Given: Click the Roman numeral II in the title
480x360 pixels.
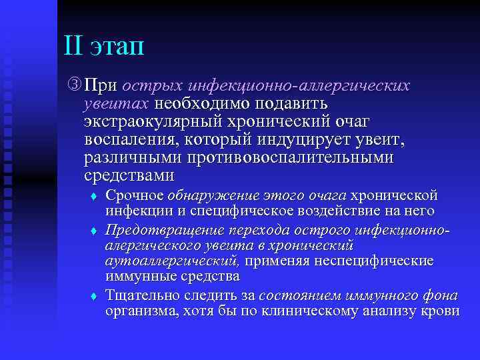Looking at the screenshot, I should tap(73, 47).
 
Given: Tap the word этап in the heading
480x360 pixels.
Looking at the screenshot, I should tap(117, 49).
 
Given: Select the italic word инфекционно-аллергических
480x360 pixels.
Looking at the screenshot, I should tap(299, 87).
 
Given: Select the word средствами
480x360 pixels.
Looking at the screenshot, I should tap(129, 177).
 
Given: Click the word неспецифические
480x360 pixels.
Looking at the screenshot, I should tap(379, 260).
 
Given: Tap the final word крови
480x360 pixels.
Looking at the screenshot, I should tap(440, 311).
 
